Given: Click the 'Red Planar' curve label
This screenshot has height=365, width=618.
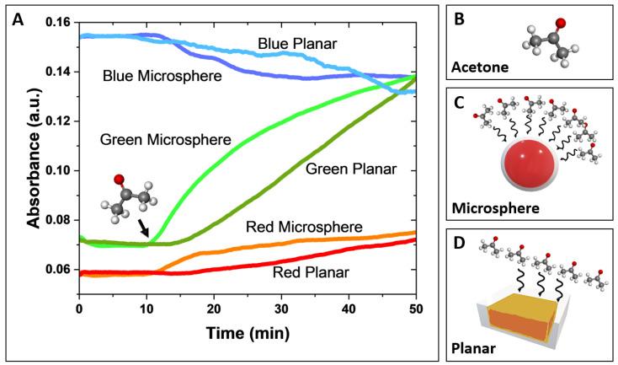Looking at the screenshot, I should (x=306, y=273).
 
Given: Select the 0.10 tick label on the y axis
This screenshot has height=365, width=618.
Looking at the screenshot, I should (x=56, y=170).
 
